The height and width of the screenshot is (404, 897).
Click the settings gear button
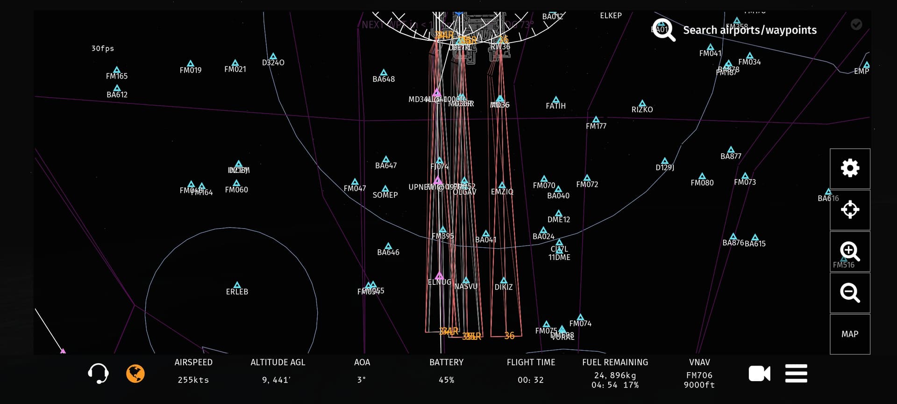pyautogui.click(x=850, y=168)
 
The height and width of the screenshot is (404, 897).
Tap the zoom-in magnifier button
pyautogui.click(x=850, y=252)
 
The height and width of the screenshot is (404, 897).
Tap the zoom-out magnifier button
pyautogui.click(x=850, y=293)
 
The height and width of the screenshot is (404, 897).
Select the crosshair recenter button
pyautogui.click(x=850, y=209)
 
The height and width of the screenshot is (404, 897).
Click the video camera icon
pyautogui.click(x=759, y=374)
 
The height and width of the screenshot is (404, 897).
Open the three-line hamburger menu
pyautogui.click(x=796, y=374)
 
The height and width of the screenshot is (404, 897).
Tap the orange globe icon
pyautogui.click(x=135, y=374)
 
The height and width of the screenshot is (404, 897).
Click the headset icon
pyautogui.click(x=98, y=374)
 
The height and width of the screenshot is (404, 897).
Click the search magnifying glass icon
pyautogui.click(x=663, y=30)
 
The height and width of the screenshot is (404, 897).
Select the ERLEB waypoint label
pyautogui.click(x=237, y=292)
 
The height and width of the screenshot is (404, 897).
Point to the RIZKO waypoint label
pyautogui.click(x=642, y=109)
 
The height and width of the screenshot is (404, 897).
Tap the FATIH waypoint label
pyautogui.click(x=555, y=106)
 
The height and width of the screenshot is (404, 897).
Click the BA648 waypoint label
pyautogui.click(x=384, y=79)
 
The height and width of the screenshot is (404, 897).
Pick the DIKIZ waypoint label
pyautogui.click(x=504, y=287)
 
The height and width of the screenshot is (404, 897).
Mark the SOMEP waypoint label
pyautogui.click(x=385, y=195)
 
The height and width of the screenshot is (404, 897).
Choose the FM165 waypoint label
pyautogui.click(x=117, y=76)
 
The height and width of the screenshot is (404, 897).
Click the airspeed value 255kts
pyautogui.click(x=193, y=380)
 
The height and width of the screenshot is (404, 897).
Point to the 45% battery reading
pyautogui.click(x=446, y=380)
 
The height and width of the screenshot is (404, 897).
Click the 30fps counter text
pyautogui.click(x=103, y=49)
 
